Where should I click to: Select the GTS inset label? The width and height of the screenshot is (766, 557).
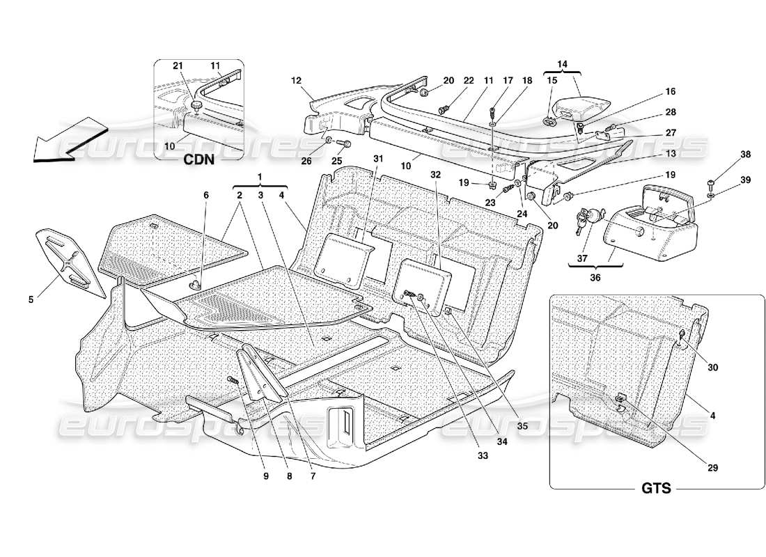click(655, 488)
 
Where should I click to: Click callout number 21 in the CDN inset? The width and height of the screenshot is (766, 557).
click(177, 65)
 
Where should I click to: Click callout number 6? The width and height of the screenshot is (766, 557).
click(205, 196)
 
